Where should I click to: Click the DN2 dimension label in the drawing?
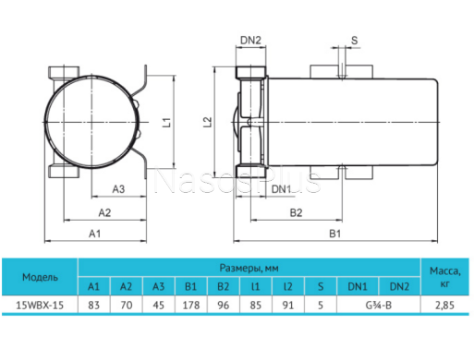[x=250, y=40]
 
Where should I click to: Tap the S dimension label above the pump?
[x=355, y=41]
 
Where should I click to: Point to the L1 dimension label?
[x=166, y=122]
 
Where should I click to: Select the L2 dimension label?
[x=208, y=122]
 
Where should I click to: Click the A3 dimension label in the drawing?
[x=118, y=189]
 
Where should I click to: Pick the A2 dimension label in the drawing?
[x=104, y=212]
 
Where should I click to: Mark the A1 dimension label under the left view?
[x=94, y=234]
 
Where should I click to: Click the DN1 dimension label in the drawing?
[x=281, y=189]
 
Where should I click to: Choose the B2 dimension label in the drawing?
[x=296, y=212]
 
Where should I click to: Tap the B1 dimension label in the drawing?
[x=335, y=234]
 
